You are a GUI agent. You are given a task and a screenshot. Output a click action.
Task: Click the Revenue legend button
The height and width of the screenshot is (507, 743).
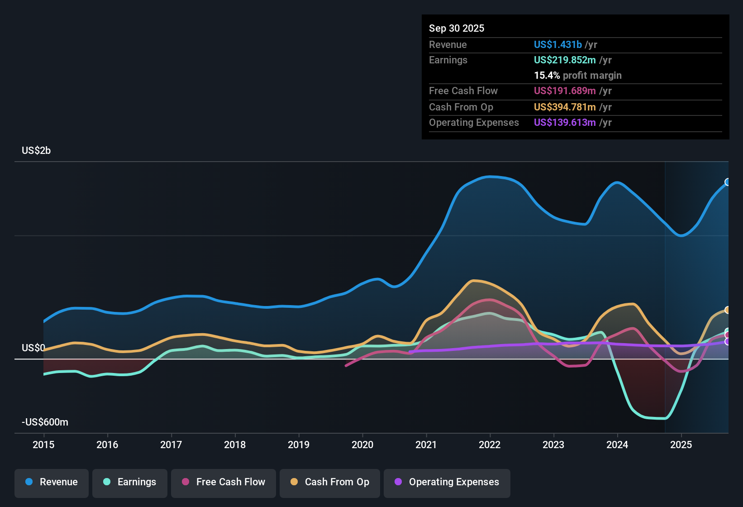52,482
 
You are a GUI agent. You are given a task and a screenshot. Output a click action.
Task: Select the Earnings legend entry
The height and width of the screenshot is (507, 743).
130,482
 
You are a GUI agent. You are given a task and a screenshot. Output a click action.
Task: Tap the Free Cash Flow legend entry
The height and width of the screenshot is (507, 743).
224,482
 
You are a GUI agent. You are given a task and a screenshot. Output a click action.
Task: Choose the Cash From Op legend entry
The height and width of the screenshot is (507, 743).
330,482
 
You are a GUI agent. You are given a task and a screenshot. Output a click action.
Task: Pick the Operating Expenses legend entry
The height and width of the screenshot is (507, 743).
447,482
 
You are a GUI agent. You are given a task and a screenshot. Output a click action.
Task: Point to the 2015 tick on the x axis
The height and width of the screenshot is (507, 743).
43,445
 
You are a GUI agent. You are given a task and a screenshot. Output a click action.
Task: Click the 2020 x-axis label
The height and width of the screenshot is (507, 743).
362,445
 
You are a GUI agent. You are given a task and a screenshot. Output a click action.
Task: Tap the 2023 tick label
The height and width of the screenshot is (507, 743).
553,445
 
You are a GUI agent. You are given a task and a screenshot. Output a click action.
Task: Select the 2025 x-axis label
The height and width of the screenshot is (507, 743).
681,445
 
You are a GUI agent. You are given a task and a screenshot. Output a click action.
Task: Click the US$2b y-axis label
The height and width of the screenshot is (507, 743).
36,150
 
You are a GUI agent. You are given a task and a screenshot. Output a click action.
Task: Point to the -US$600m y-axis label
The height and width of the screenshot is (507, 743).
45,422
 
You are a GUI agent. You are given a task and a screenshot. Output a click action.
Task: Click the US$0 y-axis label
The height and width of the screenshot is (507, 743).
33,348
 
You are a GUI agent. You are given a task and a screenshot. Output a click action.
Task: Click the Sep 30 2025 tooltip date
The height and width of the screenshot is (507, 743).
457,28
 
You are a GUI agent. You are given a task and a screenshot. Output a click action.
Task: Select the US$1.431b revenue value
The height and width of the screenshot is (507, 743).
557,44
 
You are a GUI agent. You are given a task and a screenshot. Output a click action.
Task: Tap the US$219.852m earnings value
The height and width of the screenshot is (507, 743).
565,60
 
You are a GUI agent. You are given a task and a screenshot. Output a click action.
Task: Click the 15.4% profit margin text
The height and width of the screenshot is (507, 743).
577,75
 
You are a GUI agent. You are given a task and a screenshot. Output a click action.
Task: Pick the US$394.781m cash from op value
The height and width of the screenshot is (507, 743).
565,107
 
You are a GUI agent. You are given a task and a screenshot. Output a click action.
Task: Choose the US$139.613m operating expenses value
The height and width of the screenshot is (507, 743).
565,122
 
